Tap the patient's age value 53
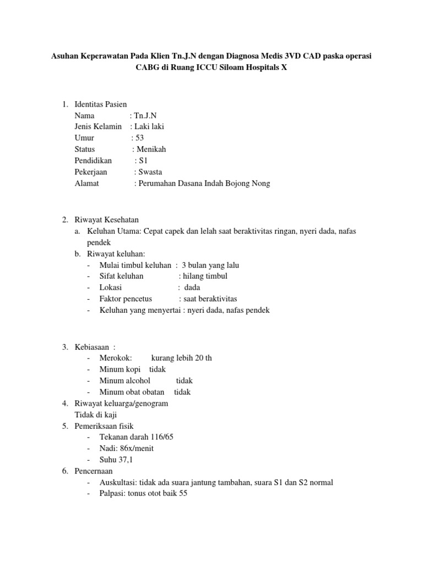point(138,137)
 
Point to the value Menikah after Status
point(151,149)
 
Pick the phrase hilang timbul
point(204,276)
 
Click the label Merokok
point(115,358)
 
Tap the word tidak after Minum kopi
point(158,369)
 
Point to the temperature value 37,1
point(126,460)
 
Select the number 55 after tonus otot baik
point(183,494)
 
